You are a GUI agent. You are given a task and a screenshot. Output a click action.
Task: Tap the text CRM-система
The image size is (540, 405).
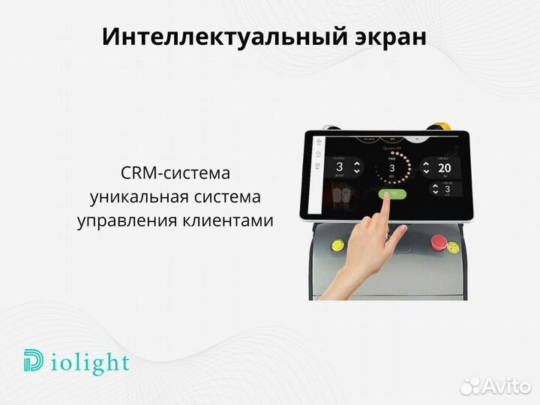(175, 173)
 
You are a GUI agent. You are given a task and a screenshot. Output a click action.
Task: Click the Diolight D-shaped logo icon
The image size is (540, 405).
(34, 363)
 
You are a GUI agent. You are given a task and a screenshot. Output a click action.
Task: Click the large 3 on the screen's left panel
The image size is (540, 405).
(339, 167)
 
